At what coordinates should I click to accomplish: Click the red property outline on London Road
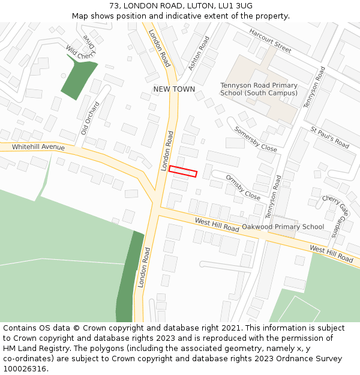coord(183,172)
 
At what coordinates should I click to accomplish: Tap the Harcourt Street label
coord(270,40)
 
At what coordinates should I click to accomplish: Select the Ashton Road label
coord(199,53)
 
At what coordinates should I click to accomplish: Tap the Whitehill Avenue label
coord(38,147)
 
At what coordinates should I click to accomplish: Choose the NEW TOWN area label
coord(174,89)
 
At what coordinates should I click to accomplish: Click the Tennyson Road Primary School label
coord(259,89)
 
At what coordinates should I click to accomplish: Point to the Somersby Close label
coord(256,139)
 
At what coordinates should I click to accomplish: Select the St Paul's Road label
coord(329,137)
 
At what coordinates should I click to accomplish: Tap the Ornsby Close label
coord(243,187)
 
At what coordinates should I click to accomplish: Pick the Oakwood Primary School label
coord(283,227)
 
